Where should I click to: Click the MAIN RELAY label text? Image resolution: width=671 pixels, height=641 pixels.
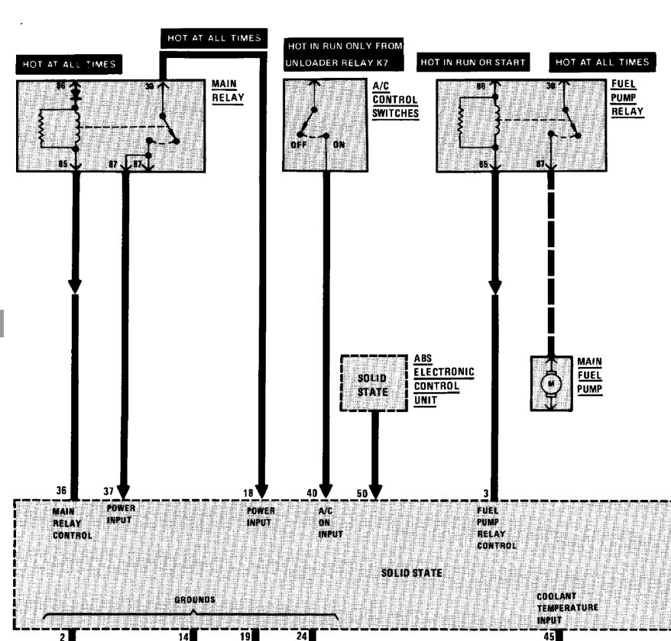click(x=227, y=92)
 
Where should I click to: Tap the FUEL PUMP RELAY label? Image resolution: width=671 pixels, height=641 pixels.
click(x=627, y=98)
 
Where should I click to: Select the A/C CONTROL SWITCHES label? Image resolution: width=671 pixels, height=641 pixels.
click(x=395, y=100)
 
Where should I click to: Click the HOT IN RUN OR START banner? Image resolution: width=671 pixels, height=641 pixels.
click(x=474, y=63)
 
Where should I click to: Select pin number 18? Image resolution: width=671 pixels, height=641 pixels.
click(x=249, y=493)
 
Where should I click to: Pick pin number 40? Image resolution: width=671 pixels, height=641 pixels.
click(x=312, y=493)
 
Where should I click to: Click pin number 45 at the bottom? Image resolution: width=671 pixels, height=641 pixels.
click(x=549, y=634)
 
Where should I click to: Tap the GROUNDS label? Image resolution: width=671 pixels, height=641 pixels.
click(x=195, y=600)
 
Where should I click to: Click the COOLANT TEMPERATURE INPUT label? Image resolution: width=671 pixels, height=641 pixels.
click(x=567, y=607)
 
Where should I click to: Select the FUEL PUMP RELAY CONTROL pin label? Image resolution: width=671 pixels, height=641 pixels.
click(x=496, y=529)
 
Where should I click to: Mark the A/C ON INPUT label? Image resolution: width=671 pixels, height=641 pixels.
click(x=330, y=523)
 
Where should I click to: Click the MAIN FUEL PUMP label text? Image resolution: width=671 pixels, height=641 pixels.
click(x=589, y=375)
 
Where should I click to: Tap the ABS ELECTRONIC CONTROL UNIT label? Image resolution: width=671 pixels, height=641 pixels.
click(x=443, y=379)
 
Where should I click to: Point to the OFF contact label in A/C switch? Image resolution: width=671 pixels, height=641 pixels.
click(x=298, y=144)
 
